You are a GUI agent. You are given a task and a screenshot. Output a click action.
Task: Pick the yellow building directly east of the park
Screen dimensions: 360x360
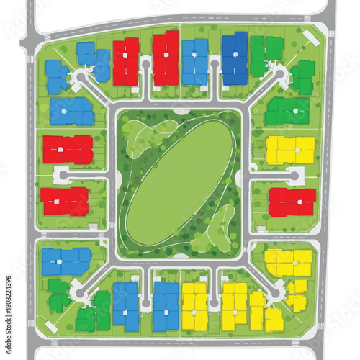(x=290, y=150)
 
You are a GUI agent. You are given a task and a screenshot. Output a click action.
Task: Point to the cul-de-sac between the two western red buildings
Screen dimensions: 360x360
(x=61, y=175)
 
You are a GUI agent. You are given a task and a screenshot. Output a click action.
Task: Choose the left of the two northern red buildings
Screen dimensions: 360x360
(x=126, y=61)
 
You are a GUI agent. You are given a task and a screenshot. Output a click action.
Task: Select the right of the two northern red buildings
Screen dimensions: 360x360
(x=166, y=58)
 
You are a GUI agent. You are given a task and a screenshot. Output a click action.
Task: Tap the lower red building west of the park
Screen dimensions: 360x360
(x=65, y=202)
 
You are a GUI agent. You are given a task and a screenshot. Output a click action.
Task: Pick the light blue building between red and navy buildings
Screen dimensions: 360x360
(x=195, y=61)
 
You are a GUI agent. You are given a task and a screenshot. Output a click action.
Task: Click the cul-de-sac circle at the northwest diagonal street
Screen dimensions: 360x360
(x=78, y=76)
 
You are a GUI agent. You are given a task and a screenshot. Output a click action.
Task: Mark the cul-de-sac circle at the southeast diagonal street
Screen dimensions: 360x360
(x=276, y=294)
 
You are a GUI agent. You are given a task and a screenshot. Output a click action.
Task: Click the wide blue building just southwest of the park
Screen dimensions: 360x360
(x=66, y=261)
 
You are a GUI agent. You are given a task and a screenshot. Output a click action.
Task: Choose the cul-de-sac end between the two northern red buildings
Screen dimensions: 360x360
(x=146, y=65)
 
